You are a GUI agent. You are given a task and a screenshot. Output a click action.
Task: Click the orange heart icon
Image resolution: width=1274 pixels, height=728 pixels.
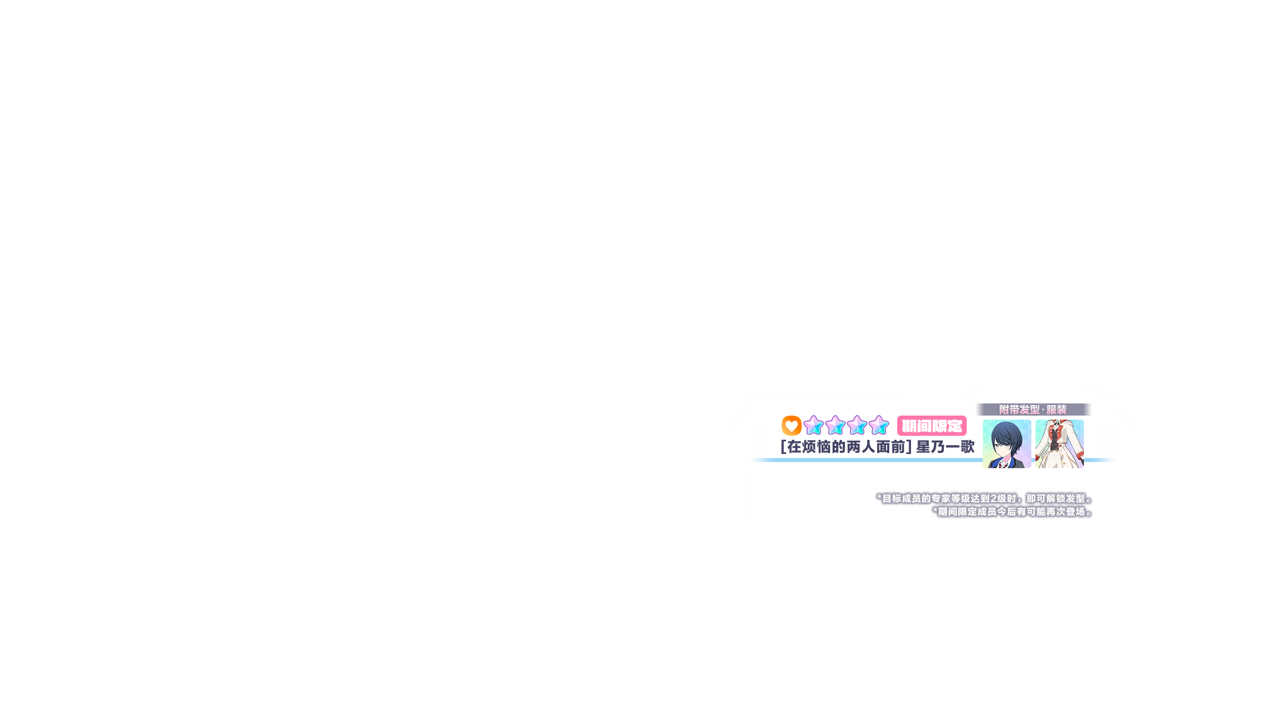point(791,426)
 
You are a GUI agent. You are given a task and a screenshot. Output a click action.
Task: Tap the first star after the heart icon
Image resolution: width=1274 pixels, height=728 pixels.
point(813,426)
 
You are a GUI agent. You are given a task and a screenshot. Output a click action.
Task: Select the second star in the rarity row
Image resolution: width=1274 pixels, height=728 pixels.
point(835,426)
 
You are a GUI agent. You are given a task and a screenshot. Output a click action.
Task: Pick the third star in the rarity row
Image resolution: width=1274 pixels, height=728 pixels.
point(857,426)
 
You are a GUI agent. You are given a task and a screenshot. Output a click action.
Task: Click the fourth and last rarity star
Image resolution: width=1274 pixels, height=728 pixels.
point(879,426)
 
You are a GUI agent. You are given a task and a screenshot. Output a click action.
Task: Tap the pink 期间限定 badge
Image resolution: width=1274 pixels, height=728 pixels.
point(932,426)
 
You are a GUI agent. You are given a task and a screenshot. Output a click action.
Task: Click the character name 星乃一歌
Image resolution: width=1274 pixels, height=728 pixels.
point(945,447)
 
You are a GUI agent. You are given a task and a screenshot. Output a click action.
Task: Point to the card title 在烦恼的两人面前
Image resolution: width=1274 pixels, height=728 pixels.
point(846,447)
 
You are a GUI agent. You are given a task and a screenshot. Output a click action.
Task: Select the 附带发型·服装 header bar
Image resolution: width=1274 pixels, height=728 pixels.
point(1033,409)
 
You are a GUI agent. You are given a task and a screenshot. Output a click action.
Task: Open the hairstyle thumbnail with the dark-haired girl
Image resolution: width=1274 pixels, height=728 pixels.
point(1007,444)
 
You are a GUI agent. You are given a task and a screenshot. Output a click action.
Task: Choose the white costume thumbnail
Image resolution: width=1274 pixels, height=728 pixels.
point(1059,444)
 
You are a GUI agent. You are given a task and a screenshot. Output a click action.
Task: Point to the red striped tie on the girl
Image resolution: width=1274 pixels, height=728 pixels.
point(1002,463)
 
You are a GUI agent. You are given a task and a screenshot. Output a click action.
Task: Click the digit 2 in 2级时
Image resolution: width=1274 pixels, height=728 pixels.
point(993,498)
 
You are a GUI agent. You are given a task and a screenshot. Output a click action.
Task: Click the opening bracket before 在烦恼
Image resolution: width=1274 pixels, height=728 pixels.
point(783,447)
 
